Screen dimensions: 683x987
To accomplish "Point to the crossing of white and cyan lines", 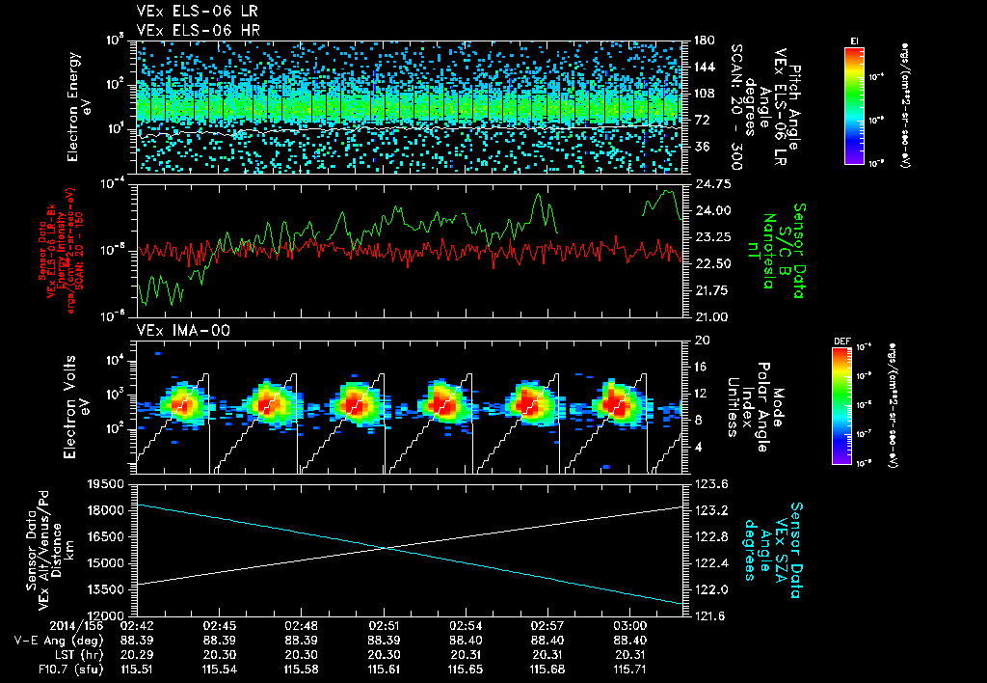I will pyautogui.click(x=386, y=548).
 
